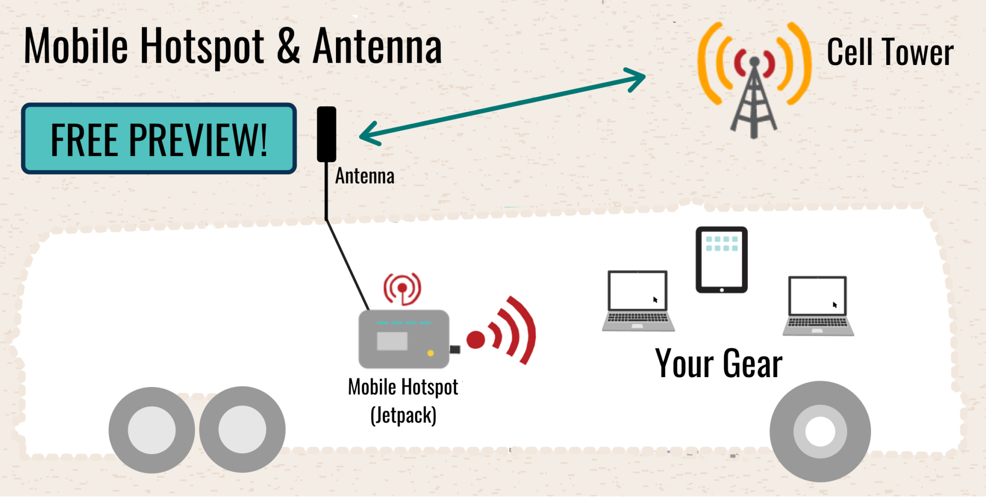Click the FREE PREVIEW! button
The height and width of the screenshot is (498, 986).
pos(158,139)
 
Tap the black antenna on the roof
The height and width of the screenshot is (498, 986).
pos(326,134)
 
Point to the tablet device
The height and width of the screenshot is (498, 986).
pos(721,260)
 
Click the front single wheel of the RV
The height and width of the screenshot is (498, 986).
pos(820,431)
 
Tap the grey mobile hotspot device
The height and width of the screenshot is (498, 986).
pos(403,339)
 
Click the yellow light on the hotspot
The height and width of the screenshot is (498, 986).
pos(430,353)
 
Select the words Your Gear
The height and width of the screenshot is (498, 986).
pos(718,364)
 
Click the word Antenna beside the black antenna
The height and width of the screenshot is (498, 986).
pos(364,176)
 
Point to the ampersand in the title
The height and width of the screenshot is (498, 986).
pos(288,47)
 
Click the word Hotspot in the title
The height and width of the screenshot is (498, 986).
pos(202,47)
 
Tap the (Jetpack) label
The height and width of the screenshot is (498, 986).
pos(403,415)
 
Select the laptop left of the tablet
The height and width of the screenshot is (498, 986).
pos(638,301)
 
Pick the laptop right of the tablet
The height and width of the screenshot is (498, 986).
pos(818,306)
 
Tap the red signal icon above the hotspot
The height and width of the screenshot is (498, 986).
pos(402,288)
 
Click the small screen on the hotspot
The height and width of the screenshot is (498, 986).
pos(392,341)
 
